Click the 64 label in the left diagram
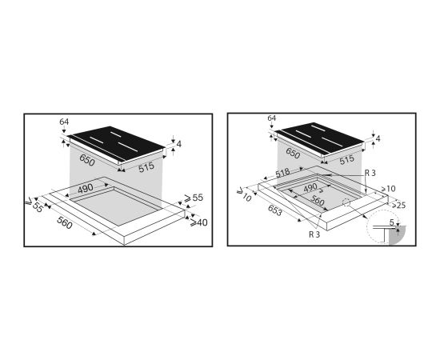(64, 122)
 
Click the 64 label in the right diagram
(272, 118)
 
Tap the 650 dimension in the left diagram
(87, 160)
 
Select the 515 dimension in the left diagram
(146, 166)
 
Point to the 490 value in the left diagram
(86, 188)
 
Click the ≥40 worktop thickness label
(198, 222)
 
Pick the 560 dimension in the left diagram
(65, 222)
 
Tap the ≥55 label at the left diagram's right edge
(194, 198)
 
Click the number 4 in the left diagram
(178, 144)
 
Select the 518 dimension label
(282, 173)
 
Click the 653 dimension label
(274, 210)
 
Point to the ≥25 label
(398, 205)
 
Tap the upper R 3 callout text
(370, 173)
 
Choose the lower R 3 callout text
(314, 234)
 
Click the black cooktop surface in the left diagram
(116, 143)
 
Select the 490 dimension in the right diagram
(310, 188)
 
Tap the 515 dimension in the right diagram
(347, 160)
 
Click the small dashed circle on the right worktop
(346, 202)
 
